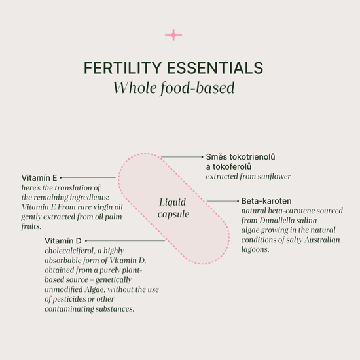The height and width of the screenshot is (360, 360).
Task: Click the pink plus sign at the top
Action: (x=173, y=35)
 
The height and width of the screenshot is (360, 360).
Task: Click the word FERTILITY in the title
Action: (x=122, y=68)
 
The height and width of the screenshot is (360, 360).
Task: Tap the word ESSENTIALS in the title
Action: (x=215, y=68)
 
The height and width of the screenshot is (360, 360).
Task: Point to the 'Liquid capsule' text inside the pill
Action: (x=173, y=208)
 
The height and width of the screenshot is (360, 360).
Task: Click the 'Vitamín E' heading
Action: (x=39, y=177)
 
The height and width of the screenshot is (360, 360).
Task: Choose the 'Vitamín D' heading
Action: (x=63, y=241)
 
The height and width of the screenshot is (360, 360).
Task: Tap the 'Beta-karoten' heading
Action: (x=266, y=201)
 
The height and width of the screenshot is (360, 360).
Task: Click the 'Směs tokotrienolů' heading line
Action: (x=240, y=157)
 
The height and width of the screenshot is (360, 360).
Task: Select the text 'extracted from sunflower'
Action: (x=248, y=177)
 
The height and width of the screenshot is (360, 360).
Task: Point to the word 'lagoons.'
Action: (x=255, y=249)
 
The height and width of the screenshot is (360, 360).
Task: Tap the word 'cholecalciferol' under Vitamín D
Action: (x=70, y=251)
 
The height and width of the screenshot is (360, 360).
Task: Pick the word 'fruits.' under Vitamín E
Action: (x=31, y=226)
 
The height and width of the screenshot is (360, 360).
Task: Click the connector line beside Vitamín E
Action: (x=88, y=177)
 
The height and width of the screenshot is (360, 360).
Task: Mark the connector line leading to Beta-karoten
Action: (x=223, y=201)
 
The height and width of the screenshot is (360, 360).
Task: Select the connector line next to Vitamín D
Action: (x=125, y=241)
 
